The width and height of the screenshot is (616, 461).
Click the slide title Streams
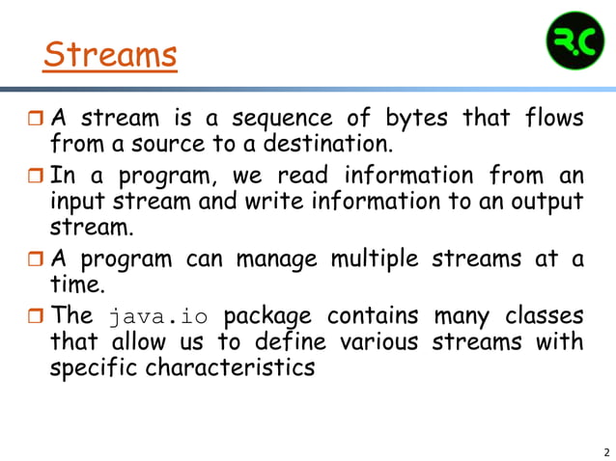pyautogui.click(x=110, y=55)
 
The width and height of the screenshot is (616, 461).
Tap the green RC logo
pyautogui.click(x=574, y=40)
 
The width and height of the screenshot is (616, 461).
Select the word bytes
pyautogui.click(x=416, y=120)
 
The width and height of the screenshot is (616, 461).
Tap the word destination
pyautogui.click(x=323, y=146)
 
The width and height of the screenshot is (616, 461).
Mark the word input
pyautogui.click(x=79, y=203)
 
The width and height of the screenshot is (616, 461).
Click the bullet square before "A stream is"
pyautogui.click(x=35, y=122)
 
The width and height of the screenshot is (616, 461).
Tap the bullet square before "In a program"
pyautogui.click(x=35, y=178)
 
